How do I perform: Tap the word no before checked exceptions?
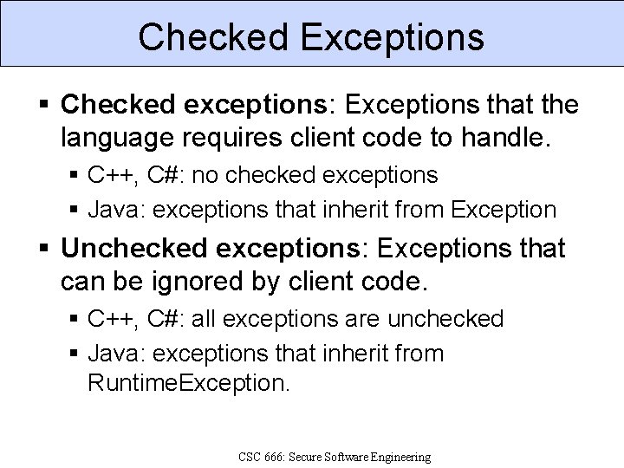[x=205, y=175]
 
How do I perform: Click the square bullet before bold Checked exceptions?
[x=45, y=106]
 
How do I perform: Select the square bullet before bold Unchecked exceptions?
[x=45, y=250]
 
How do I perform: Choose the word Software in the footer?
[x=357, y=456]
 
